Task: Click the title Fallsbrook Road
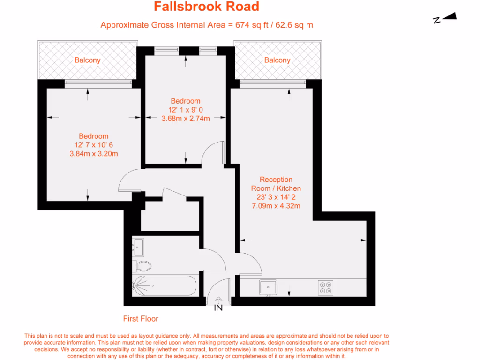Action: [206, 7]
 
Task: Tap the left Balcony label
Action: [87, 60]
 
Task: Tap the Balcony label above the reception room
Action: [277, 60]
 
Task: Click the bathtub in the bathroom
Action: [164, 285]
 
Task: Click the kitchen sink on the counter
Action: [268, 287]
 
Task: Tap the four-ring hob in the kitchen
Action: [326, 287]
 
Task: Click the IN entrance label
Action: [218, 308]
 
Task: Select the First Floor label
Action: [141, 319]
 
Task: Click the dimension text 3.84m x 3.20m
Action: [94, 153]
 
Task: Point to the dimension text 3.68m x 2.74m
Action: [186, 118]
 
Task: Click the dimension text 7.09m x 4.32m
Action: [277, 205]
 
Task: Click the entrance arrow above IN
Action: [218, 300]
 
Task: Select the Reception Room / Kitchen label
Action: [277, 184]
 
